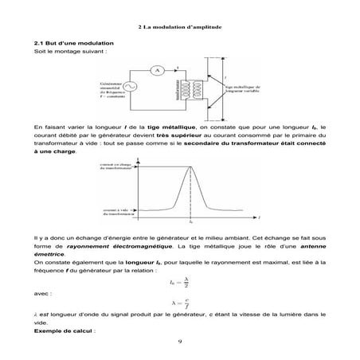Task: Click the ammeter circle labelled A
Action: (x=157, y=70)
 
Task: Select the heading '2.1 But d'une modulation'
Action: (x=70, y=41)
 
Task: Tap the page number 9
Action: (x=180, y=342)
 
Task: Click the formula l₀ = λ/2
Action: (x=180, y=280)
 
